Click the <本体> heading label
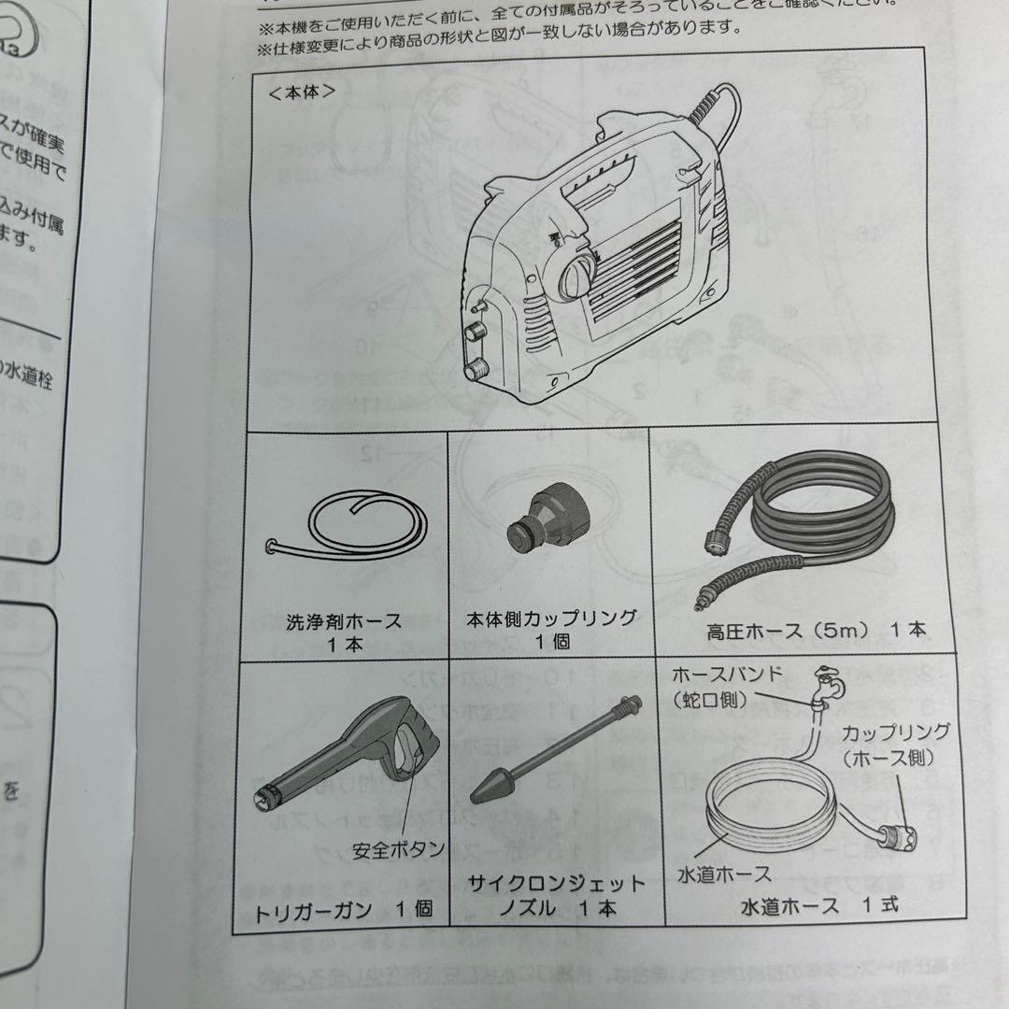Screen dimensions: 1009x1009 pyautogui.click(x=301, y=93)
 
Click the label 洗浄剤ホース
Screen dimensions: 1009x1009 pyautogui.click(x=344, y=619)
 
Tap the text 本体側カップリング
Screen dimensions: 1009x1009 pyautogui.click(x=551, y=618)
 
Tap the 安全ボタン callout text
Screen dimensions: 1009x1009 pyautogui.click(x=398, y=850)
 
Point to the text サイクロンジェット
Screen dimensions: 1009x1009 pyautogui.click(x=557, y=883)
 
